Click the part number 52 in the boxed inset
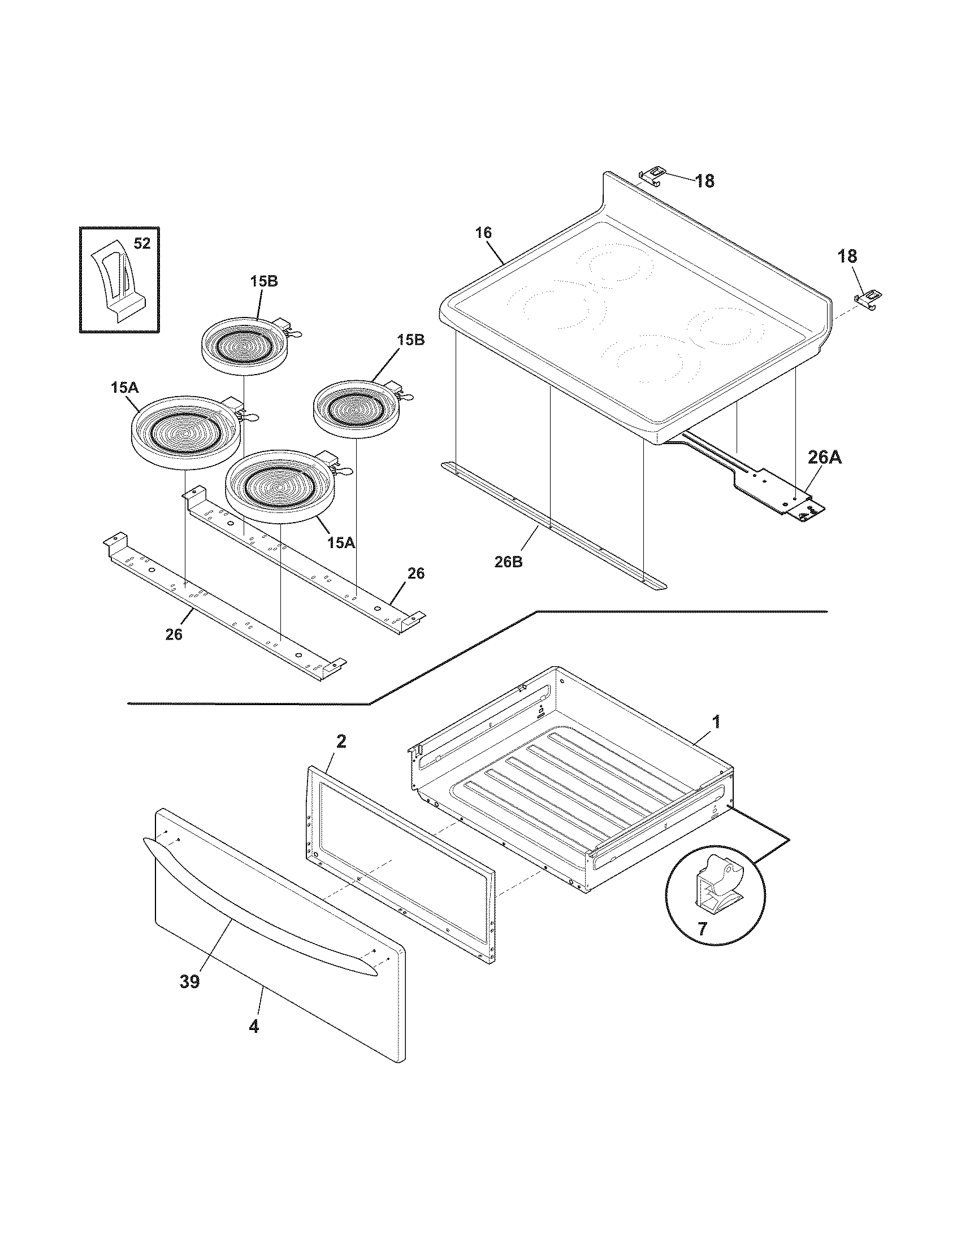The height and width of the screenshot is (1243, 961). pos(142,244)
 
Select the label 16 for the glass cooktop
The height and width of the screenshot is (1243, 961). pos(484,233)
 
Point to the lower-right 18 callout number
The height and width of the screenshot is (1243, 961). pos(847,256)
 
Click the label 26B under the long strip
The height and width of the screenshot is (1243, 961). pos(508,562)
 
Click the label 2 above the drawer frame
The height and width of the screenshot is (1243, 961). pos(340,742)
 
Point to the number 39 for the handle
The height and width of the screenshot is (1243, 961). pos(190,982)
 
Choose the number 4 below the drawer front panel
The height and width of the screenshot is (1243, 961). pos(254,1027)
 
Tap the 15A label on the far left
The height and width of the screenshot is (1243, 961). pos(125,388)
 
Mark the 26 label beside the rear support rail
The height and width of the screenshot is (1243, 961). pos(416,573)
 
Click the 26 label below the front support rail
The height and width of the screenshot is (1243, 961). pos(174,634)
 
